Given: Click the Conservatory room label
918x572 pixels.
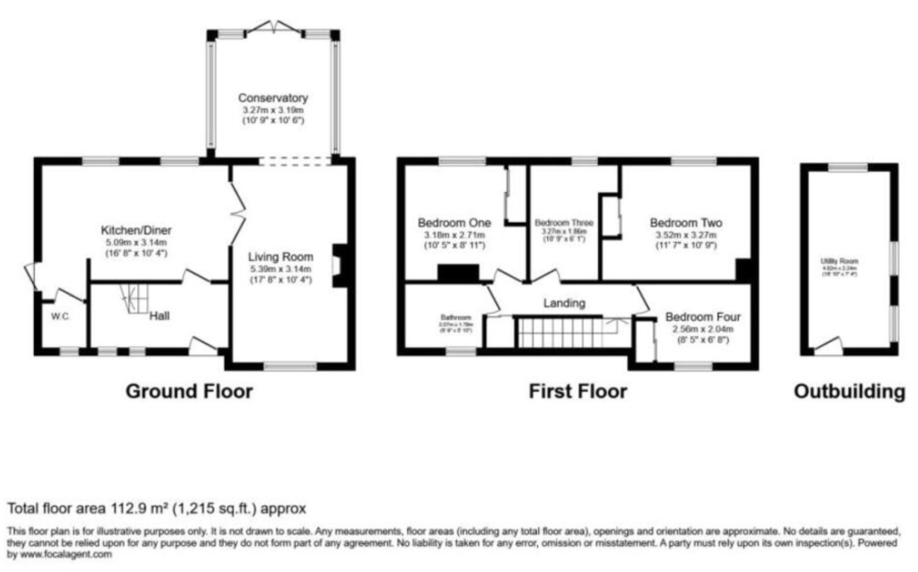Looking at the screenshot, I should tap(273, 98).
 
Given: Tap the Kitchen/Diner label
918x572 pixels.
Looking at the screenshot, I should tap(136, 230).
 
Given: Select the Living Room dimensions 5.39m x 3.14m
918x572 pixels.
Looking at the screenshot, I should tap(280, 269).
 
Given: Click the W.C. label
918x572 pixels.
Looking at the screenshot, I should tap(61, 317).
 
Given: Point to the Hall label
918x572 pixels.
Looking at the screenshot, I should tap(159, 316).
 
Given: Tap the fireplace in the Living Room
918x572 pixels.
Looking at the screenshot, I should tap(339, 266).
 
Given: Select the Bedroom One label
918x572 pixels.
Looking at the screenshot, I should tap(454, 223).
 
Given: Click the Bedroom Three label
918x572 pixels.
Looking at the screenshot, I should tap(564, 223).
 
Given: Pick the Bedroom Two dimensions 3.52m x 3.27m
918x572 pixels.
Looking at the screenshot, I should tap(686, 235).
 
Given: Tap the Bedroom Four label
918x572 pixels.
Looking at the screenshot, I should tap(703, 317).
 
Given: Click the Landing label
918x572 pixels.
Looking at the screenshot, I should tap(564, 303).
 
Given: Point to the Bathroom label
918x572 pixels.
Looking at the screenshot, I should tap(456, 318).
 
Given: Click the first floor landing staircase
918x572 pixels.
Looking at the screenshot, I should tap(560, 333).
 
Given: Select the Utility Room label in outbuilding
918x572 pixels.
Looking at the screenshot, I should tap(839, 261).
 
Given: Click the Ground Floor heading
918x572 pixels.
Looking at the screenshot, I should tap(189, 391).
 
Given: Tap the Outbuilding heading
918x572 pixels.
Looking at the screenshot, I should tap(849, 391).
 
